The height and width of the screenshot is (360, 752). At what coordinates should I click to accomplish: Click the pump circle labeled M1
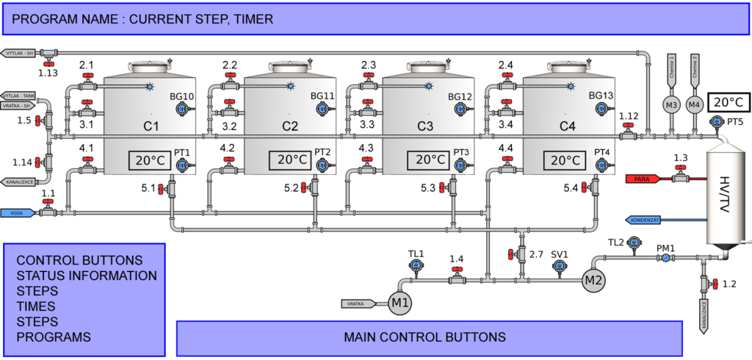click(x=399, y=303)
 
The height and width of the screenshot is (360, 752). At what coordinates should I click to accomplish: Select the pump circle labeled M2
click(x=593, y=279)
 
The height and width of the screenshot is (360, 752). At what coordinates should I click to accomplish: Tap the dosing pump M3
click(x=671, y=105)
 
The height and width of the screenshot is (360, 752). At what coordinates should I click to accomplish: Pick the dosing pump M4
click(x=694, y=105)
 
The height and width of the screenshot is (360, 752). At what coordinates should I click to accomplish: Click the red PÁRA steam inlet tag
click(x=647, y=179)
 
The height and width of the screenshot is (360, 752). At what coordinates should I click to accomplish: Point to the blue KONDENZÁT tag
click(x=647, y=220)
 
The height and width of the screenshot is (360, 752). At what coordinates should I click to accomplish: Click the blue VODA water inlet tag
click(x=20, y=212)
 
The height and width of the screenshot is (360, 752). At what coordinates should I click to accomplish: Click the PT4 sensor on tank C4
click(x=601, y=165)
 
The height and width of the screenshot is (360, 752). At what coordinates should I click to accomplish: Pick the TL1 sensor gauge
click(x=416, y=266)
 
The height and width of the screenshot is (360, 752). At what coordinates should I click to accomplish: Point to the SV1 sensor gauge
click(x=560, y=267)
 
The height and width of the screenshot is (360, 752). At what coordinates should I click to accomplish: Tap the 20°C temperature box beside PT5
click(x=729, y=102)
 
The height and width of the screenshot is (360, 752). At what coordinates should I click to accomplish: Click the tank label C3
click(x=425, y=126)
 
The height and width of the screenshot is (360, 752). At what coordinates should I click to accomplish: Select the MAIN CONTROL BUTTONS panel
click(x=424, y=337)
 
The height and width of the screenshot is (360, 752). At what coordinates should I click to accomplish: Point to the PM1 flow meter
click(x=665, y=259)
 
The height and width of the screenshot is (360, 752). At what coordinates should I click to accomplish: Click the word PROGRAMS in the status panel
click(x=54, y=337)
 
